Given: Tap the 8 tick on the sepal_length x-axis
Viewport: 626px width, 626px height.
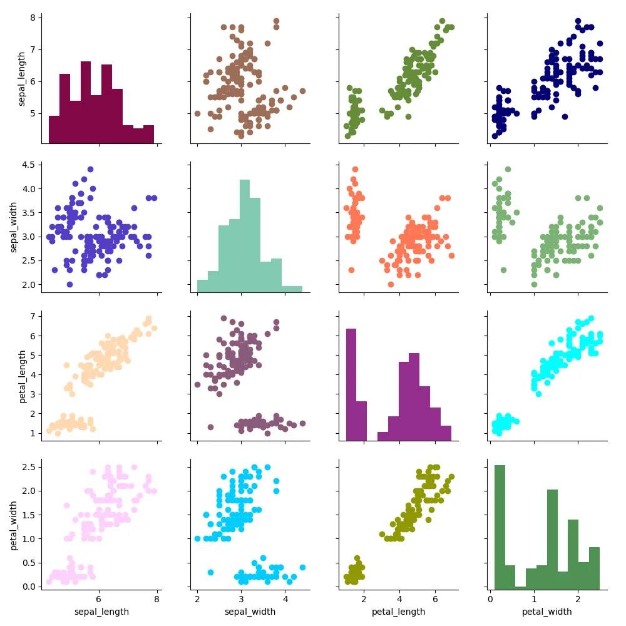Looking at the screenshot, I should click(x=156, y=600).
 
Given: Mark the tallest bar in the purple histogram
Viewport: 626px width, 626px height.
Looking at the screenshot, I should click(x=351, y=384).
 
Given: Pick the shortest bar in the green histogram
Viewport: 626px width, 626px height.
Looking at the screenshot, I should click(x=520, y=587).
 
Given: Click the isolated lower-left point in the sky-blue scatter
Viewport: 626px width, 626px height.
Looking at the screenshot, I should click(x=210, y=572).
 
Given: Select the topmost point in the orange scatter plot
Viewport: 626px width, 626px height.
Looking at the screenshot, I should click(x=355, y=169).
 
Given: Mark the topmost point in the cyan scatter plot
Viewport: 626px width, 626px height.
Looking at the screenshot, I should click(x=591, y=319).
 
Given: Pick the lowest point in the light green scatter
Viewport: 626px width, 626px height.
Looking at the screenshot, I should click(x=534, y=284).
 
